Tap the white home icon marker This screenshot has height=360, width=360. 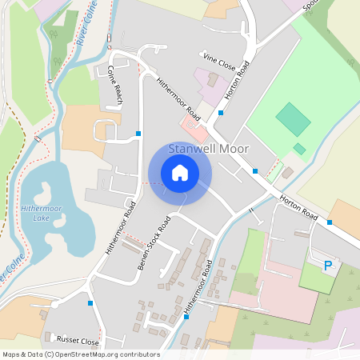[180, 172]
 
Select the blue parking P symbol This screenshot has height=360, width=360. [327, 265]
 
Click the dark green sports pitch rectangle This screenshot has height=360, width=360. [293, 119]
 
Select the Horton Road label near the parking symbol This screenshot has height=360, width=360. [298, 207]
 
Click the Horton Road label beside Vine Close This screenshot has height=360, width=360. [233, 80]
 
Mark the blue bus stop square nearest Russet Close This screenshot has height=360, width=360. [90, 303]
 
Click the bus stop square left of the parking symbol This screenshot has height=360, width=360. [330, 222]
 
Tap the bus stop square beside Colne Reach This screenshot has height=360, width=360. [138, 133]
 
